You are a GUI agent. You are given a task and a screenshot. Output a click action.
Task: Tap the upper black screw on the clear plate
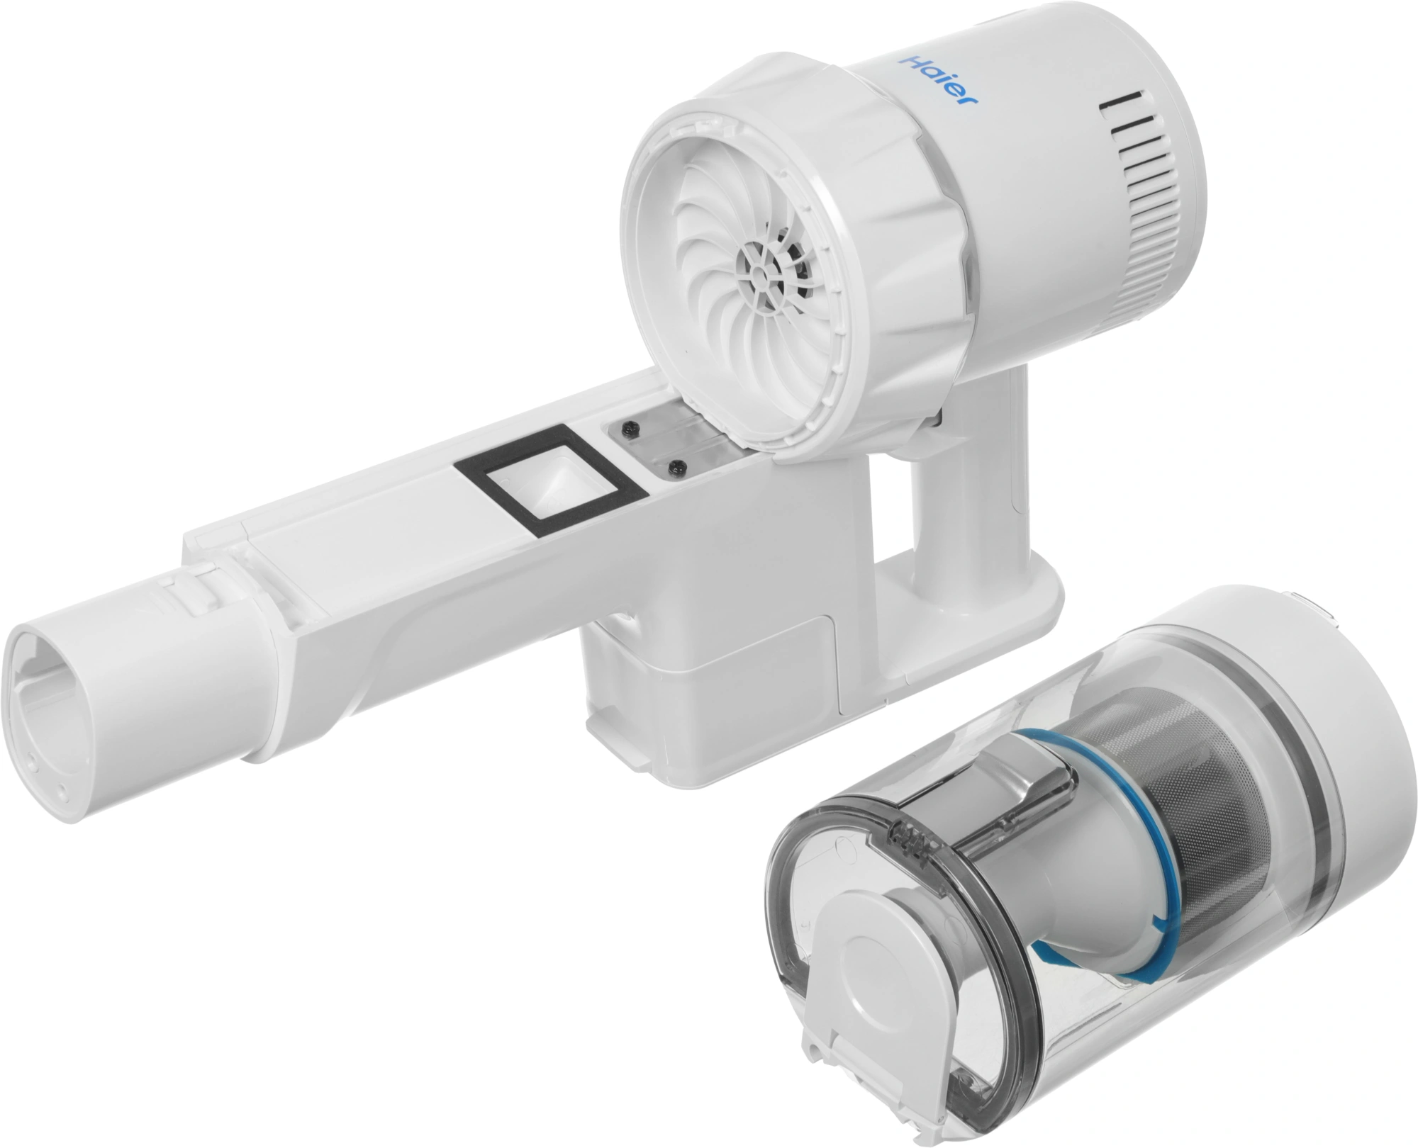click(x=630, y=429)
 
